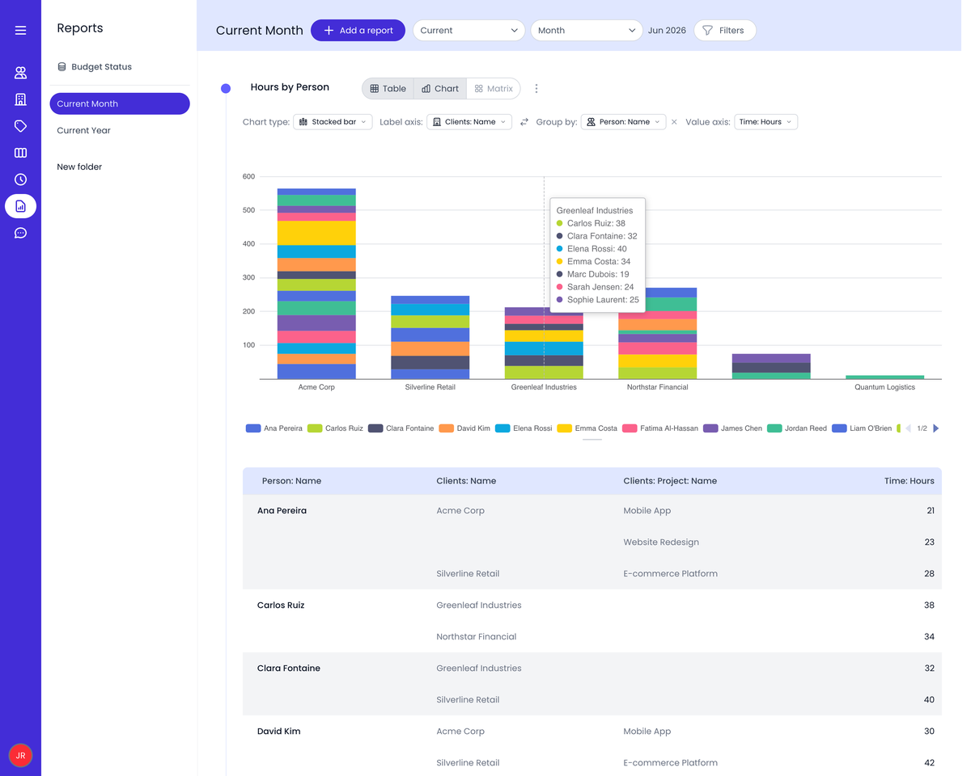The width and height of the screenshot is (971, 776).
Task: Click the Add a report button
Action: point(358,30)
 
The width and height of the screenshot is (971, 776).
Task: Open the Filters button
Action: point(724,30)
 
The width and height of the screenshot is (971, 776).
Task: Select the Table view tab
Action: point(388,88)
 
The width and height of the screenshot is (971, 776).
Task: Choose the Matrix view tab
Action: point(493,88)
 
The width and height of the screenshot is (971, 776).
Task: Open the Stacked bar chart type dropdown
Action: point(333,122)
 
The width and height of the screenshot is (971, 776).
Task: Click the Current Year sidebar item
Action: point(83,130)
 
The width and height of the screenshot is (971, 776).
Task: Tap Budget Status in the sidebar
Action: point(95,67)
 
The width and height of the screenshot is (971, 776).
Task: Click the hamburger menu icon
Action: point(20,30)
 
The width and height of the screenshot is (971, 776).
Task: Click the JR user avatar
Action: point(20,755)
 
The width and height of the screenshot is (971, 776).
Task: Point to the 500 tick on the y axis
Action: point(248,210)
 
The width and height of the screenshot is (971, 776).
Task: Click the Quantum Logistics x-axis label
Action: point(884,387)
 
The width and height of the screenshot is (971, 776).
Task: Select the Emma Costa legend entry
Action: point(587,428)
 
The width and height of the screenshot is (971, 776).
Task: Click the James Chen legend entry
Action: point(733,428)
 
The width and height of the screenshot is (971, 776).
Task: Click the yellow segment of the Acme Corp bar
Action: point(316,233)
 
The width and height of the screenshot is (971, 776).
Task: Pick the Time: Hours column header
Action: point(909,481)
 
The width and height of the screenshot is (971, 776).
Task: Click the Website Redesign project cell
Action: point(661,542)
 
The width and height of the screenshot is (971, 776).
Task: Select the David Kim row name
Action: point(278,731)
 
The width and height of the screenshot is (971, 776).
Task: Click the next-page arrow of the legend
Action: point(936,428)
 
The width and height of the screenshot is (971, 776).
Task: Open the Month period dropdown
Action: point(586,30)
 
